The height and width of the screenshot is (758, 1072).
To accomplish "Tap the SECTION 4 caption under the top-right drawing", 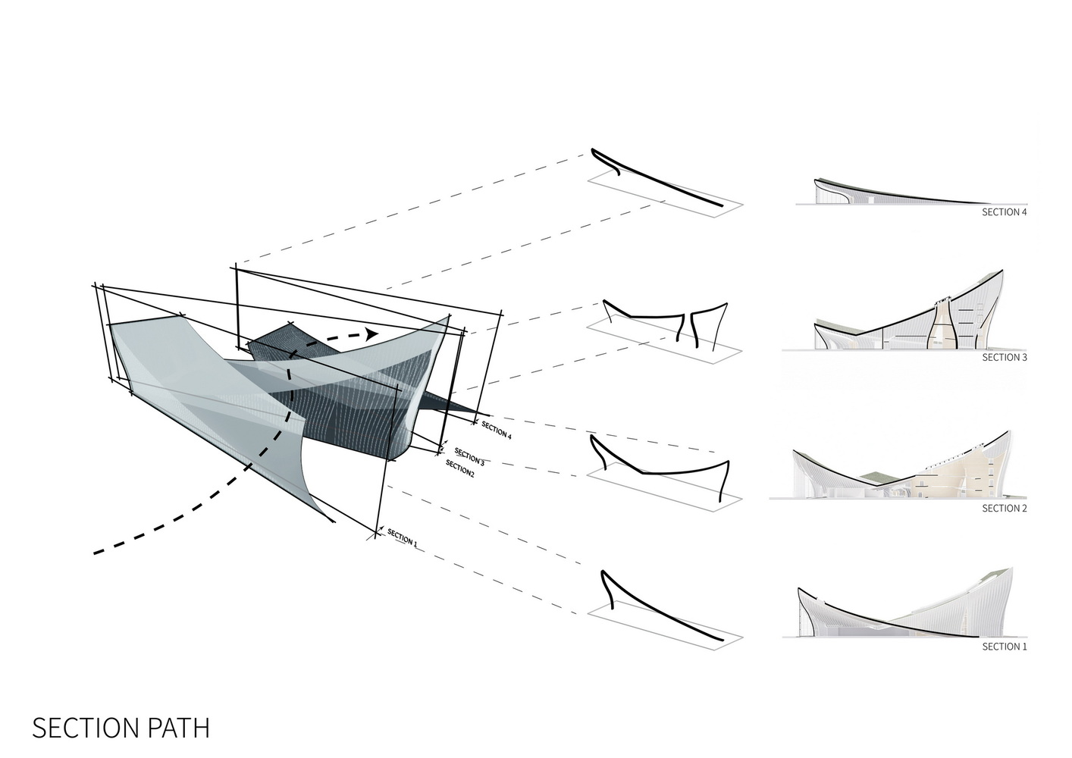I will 1004,212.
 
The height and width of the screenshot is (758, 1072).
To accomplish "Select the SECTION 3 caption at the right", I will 1004,357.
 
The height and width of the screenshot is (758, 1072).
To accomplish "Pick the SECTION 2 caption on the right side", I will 1004,509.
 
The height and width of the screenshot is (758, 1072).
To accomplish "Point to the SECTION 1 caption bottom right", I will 1004,647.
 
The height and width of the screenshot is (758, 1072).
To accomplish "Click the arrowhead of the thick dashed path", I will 371,334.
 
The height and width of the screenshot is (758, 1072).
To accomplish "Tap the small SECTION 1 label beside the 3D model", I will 402,537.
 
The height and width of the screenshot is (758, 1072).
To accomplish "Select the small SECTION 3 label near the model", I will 469,456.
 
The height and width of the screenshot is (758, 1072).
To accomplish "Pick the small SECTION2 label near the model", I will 459,468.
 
